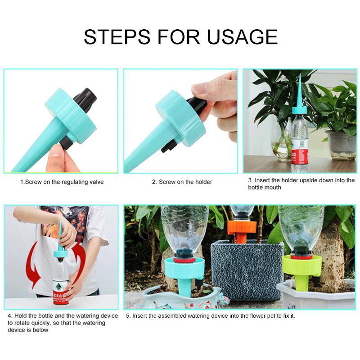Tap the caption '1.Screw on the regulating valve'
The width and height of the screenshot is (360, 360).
coord(62,182)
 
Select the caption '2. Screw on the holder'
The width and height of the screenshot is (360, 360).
coord(182,182)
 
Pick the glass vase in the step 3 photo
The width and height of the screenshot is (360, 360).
coord(283,144)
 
